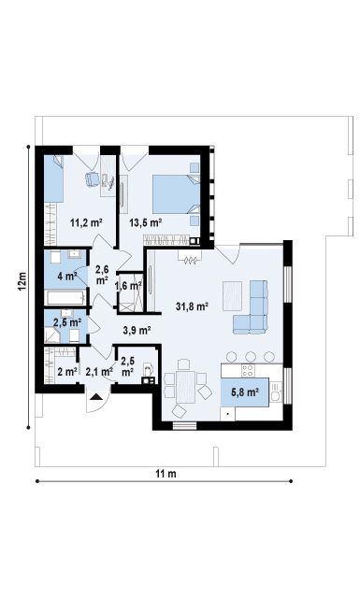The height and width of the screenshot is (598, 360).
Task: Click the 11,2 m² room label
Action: tap(86, 222)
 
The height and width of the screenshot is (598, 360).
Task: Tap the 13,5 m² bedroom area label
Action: tap(146, 222)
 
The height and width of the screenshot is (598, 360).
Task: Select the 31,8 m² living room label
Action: tap(192, 306)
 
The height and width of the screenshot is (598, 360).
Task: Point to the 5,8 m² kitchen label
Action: tap(245, 392)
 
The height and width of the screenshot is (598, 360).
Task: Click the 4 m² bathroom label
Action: tap(67, 276)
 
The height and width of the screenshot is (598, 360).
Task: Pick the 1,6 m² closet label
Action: tap(129, 286)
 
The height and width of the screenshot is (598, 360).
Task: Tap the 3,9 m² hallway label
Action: tap(137, 330)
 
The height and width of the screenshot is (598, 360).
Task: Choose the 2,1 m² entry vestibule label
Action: tap(99, 372)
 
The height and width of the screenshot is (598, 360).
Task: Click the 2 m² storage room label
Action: tap(67, 371)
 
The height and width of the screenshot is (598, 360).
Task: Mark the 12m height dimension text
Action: tap(22, 281)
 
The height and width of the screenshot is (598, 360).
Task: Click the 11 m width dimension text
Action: tap(166, 474)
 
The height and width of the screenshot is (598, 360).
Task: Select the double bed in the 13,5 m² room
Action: tap(177, 194)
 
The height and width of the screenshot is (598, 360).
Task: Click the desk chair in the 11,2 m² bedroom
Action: tap(92, 179)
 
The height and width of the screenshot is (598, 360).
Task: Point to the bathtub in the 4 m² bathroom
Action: tap(65, 297)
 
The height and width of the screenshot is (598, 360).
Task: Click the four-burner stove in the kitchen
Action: tap(248, 370)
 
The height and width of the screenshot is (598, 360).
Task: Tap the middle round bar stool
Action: tap(251, 357)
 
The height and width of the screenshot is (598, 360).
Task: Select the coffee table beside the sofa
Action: tap(232, 296)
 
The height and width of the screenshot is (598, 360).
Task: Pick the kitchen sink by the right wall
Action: tap(277, 392)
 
